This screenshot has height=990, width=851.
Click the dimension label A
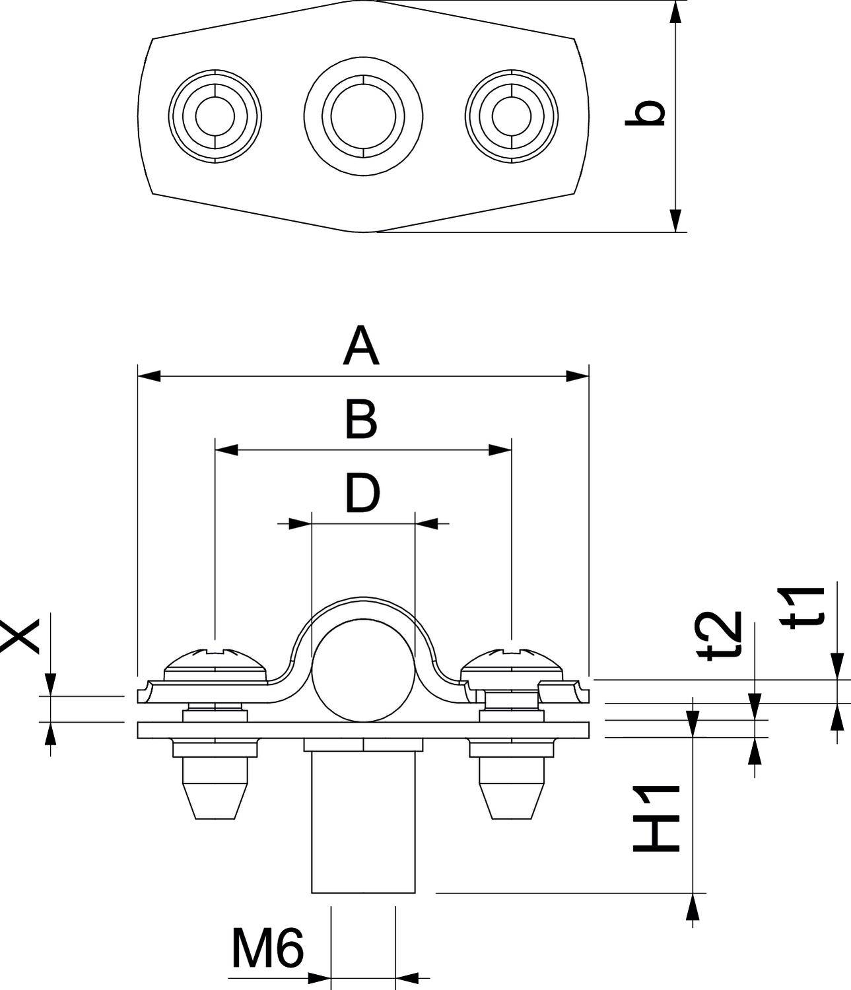(361, 348)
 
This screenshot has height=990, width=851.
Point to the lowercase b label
(645, 114)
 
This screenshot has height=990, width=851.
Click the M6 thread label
(267, 948)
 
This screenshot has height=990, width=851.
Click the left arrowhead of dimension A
(148, 376)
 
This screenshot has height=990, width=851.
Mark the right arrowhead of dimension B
(500, 450)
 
